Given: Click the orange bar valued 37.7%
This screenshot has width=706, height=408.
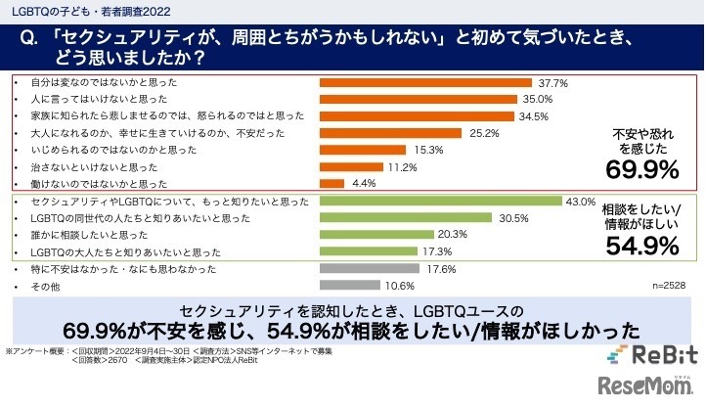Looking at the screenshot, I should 425,82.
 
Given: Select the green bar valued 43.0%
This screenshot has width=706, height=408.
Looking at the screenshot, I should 440,202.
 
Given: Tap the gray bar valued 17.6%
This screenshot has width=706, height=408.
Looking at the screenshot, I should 369,268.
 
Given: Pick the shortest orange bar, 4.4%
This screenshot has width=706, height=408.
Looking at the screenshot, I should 332,183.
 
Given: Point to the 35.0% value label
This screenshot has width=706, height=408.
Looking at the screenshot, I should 539,99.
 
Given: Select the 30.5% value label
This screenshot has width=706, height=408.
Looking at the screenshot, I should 512,218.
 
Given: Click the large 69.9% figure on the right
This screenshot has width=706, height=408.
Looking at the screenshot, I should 642,170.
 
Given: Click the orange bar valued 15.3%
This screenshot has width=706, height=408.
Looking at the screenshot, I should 365,150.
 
